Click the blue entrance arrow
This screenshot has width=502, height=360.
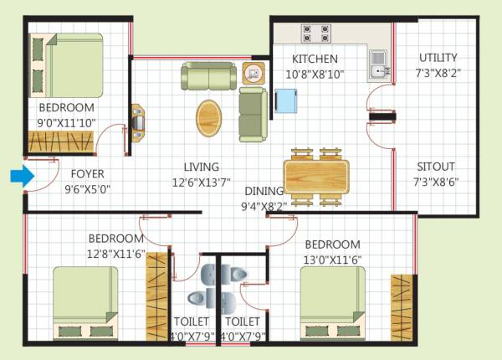21,176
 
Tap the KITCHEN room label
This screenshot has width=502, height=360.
315,59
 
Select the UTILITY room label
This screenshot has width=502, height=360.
438,58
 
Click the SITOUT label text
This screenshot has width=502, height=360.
438,165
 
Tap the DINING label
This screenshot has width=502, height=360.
264,191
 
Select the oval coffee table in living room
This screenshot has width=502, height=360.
210,117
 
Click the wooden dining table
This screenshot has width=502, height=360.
316,177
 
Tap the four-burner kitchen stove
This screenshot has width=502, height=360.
315,33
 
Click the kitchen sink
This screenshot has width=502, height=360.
378,62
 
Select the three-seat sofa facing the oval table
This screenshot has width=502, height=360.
252,114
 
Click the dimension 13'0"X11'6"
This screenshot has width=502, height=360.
332,259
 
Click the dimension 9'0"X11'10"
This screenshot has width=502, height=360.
66,123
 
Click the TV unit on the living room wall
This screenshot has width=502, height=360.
137,120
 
